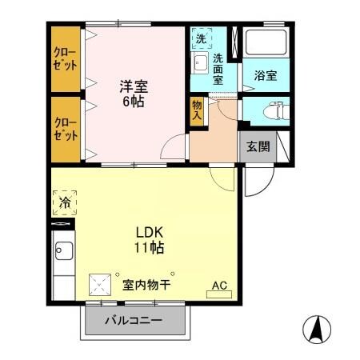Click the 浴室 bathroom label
[265, 76]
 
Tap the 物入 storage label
[197, 109]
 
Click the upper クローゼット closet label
[66, 59]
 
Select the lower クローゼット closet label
[66, 128]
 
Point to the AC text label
[218, 283]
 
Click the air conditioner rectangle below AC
[218, 294]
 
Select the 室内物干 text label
[145, 284]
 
